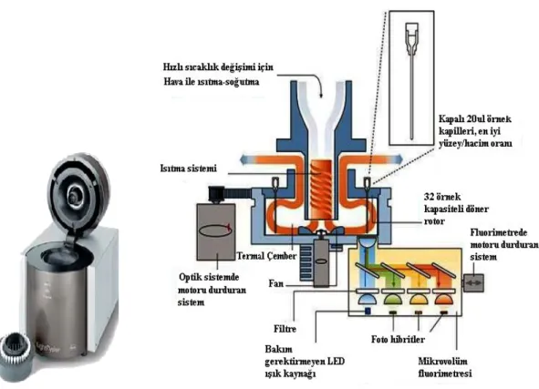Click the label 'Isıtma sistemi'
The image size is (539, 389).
pyautogui.click(x=189, y=169)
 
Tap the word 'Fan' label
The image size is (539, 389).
pyautogui.click(x=276, y=283)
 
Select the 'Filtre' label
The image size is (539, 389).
pyautogui.click(x=285, y=329)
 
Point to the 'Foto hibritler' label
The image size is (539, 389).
pyautogui.click(x=398, y=340)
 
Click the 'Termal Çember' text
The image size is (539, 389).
pyautogui.click(x=266, y=256)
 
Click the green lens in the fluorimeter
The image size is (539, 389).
pyautogui.click(x=393, y=299)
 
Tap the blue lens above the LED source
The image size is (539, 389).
pyautogui.click(x=368, y=299)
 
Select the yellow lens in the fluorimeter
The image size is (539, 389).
pyautogui.click(x=419, y=299)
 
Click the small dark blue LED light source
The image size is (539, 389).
pyautogui.click(x=368, y=311)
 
